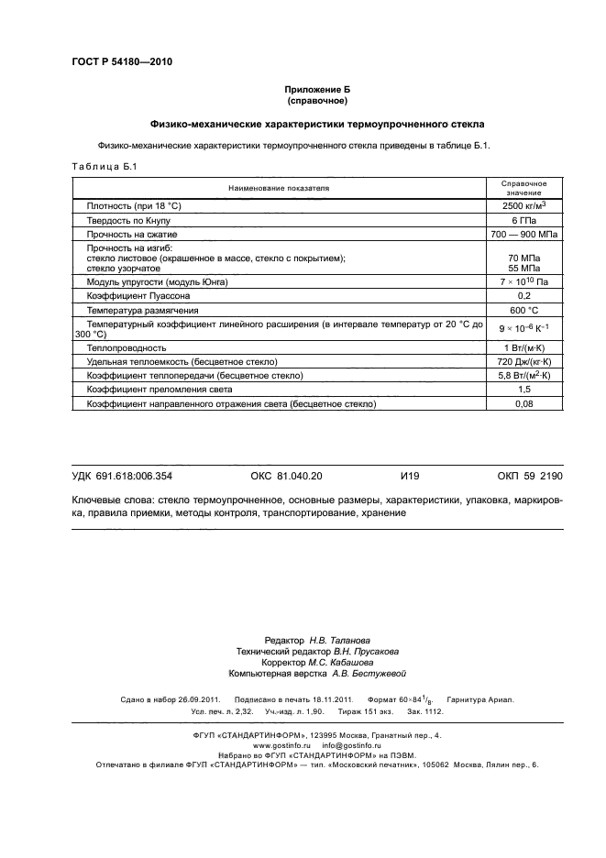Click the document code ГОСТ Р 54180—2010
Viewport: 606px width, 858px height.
(121, 62)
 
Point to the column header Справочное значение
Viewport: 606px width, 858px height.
(523, 188)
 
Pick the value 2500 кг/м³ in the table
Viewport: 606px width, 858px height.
(523, 207)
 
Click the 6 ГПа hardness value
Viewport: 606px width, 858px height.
(523, 221)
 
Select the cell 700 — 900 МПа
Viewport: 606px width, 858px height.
(523, 235)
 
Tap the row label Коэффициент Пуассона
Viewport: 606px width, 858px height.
(138, 297)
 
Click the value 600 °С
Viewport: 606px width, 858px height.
(523, 311)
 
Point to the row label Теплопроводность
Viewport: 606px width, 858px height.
(126, 348)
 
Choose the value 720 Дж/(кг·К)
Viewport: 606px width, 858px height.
(523, 362)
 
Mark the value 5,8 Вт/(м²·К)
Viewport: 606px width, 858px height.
(523, 376)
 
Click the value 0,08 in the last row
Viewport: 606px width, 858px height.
(523, 403)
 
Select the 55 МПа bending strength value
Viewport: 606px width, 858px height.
(523, 269)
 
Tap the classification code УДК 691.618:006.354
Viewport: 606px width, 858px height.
(122, 477)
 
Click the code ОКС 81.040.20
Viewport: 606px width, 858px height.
(286, 477)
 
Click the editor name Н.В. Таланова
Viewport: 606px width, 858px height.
(331, 640)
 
